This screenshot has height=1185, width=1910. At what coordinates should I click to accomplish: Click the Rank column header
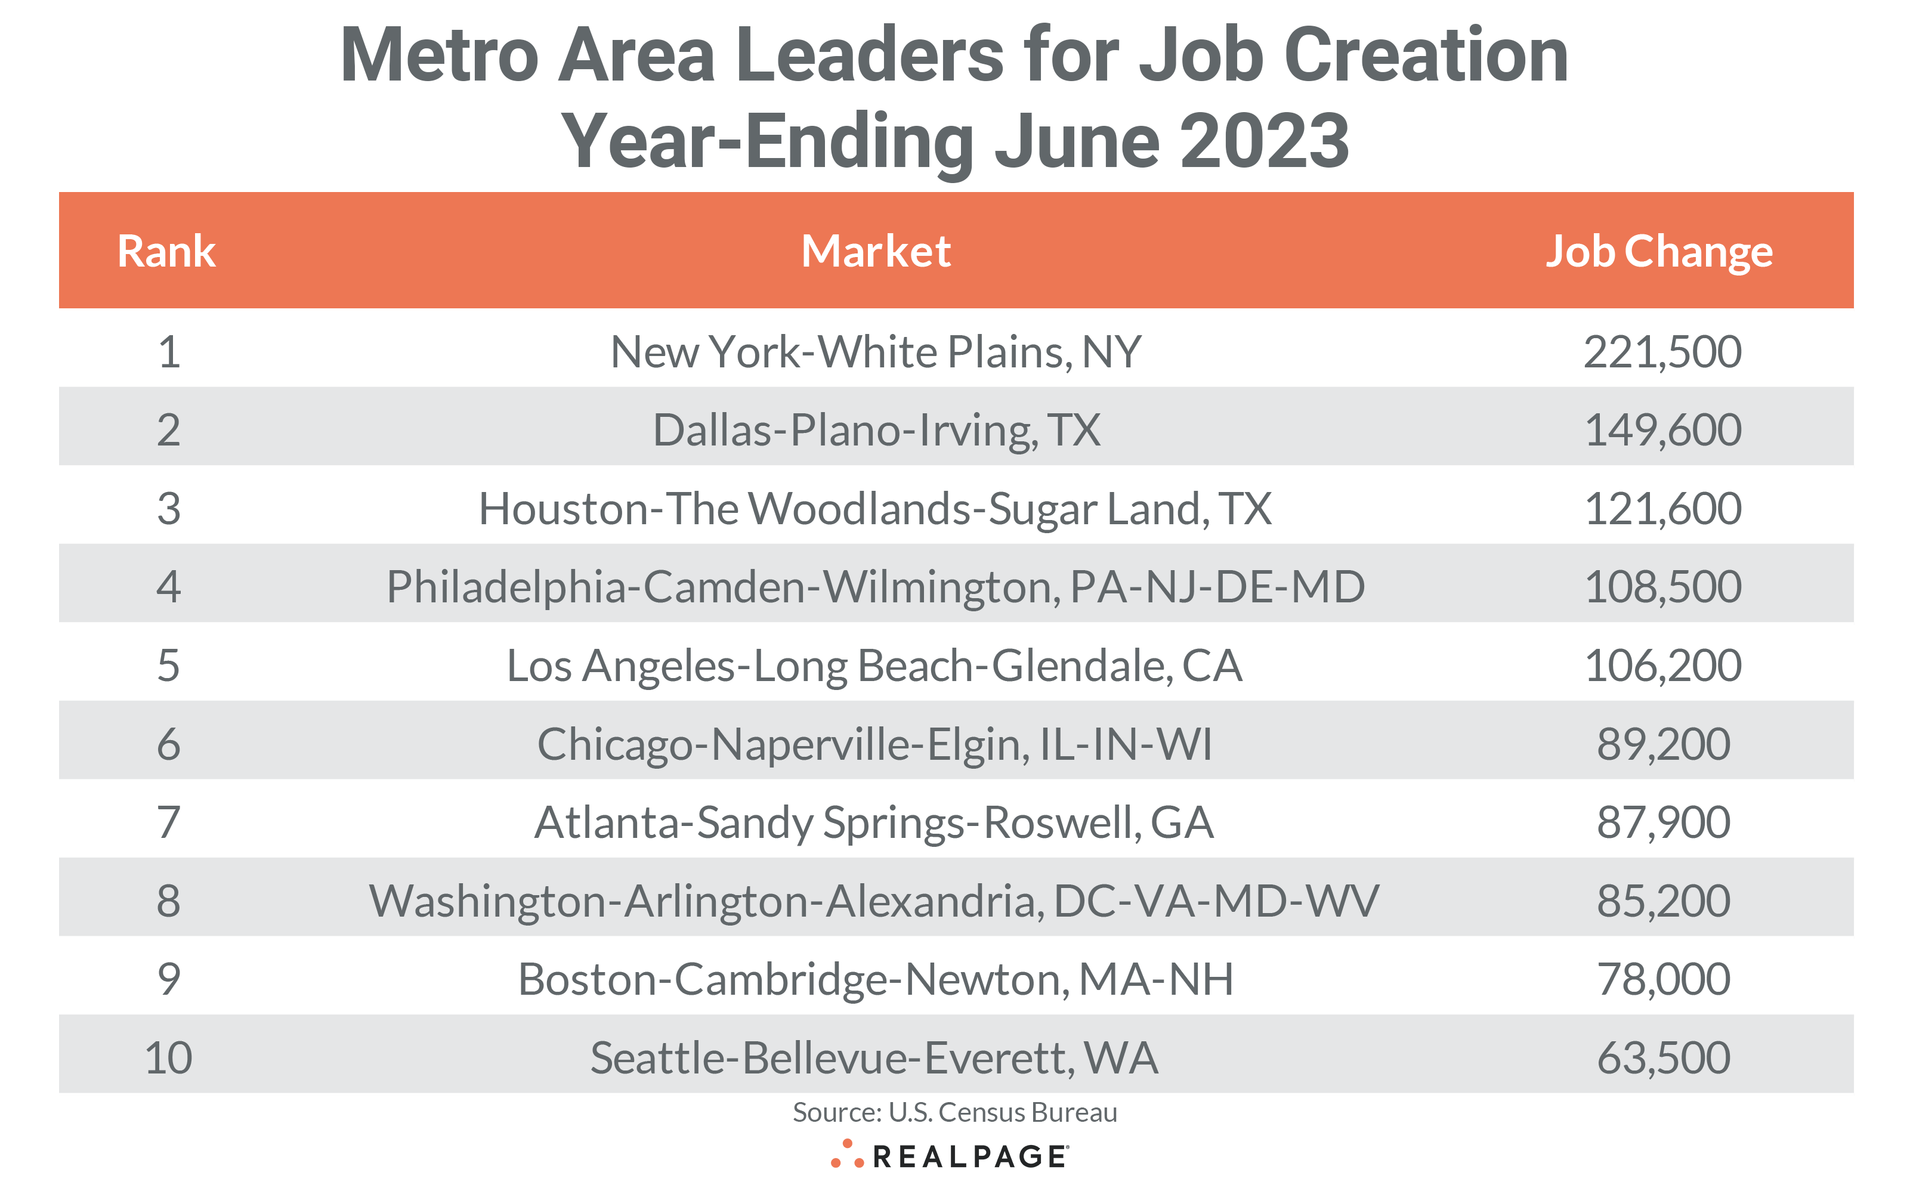166,252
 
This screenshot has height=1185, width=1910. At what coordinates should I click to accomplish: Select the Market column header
876,252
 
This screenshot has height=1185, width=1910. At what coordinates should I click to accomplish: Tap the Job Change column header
1658,252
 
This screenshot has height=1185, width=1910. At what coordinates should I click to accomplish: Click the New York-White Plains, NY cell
876,352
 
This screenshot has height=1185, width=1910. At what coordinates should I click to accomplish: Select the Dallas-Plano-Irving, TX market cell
876,430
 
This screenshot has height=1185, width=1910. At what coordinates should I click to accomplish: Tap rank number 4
168,587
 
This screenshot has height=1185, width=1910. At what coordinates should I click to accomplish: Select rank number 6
168,744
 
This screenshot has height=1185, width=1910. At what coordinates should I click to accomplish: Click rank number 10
168,1057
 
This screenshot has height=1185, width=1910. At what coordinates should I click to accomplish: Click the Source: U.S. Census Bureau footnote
954,1112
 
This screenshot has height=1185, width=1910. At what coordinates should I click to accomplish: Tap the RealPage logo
950,1156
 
